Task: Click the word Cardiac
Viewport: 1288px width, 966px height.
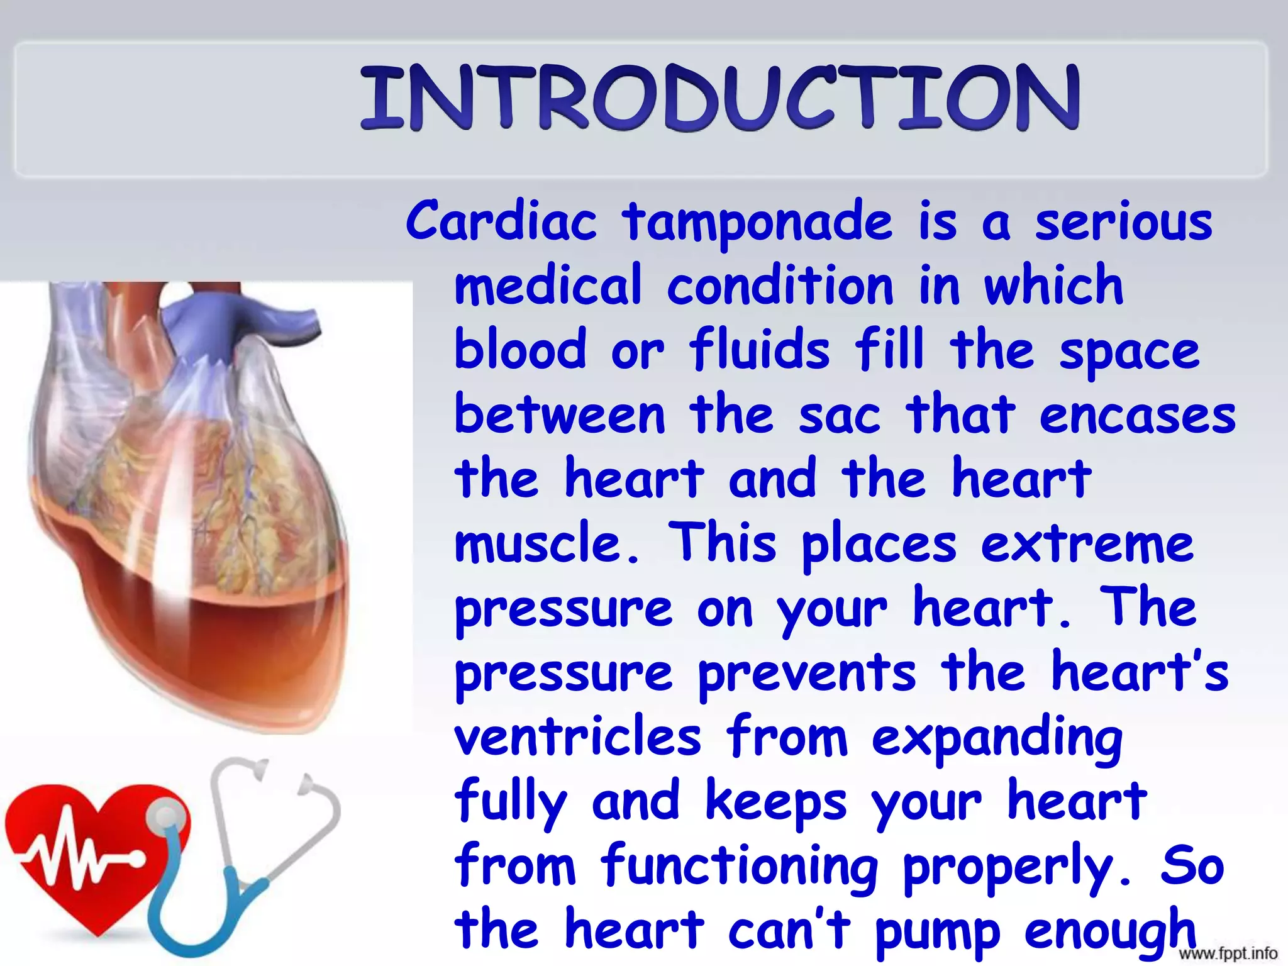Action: pyautogui.click(x=501, y=221)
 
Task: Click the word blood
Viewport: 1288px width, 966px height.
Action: pyautogui.click(x=520, y=350)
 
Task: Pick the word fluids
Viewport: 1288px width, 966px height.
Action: pyautogui.click(x=759, y=350)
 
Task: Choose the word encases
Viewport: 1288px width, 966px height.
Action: pyautogui.click(x=1137, y=416)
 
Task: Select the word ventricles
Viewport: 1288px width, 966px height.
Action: pyautogui.click(x=577, y=736)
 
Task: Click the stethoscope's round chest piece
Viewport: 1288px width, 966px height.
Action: pyautogui.click(x=166, y=818)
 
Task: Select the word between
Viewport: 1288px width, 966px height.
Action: pyautogui.click(x=559, y=416)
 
